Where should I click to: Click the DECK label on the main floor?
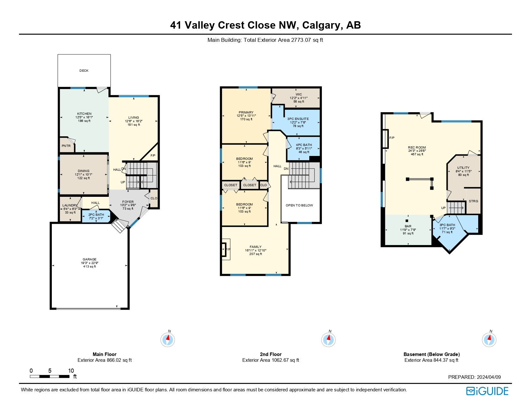click(84, 70)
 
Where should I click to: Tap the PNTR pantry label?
click(66, 146)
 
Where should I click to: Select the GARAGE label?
click(89, 259)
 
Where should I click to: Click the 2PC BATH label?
click(96, 214)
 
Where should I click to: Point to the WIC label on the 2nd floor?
click(299, 95)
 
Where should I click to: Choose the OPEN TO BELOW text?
click(299, 205)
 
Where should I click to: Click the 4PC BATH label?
click(304, 145)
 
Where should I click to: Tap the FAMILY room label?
click(255, 247)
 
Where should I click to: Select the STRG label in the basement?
click(473, 201)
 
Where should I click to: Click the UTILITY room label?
click(463, 168)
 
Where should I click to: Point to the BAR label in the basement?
click(408, 226)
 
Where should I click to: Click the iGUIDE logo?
click(487, 391)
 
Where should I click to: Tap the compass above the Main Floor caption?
click(168, 340)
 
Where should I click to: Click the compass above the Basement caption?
click(489, 340)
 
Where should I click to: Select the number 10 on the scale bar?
click(71, 371)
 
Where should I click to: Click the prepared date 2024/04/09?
click(489, 377)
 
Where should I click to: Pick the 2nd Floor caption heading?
click(271, 354)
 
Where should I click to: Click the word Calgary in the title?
click(321, 25)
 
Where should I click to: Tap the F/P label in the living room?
click(153, 156)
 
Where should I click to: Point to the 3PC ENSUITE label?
click(298, 119)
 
